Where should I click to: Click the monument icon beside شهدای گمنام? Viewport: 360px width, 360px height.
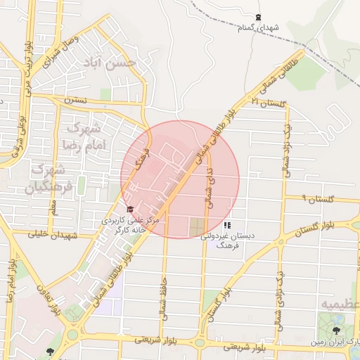[258, 18]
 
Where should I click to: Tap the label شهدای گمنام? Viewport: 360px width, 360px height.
[258, 28]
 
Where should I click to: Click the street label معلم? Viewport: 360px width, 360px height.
[52, 206]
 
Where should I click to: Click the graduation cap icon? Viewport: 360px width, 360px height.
[129, 210]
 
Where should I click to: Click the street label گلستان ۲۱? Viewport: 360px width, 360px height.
[270, 103]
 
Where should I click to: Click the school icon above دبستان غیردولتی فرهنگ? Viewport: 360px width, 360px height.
[226, 226]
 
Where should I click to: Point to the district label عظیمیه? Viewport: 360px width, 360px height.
[340, 304]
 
